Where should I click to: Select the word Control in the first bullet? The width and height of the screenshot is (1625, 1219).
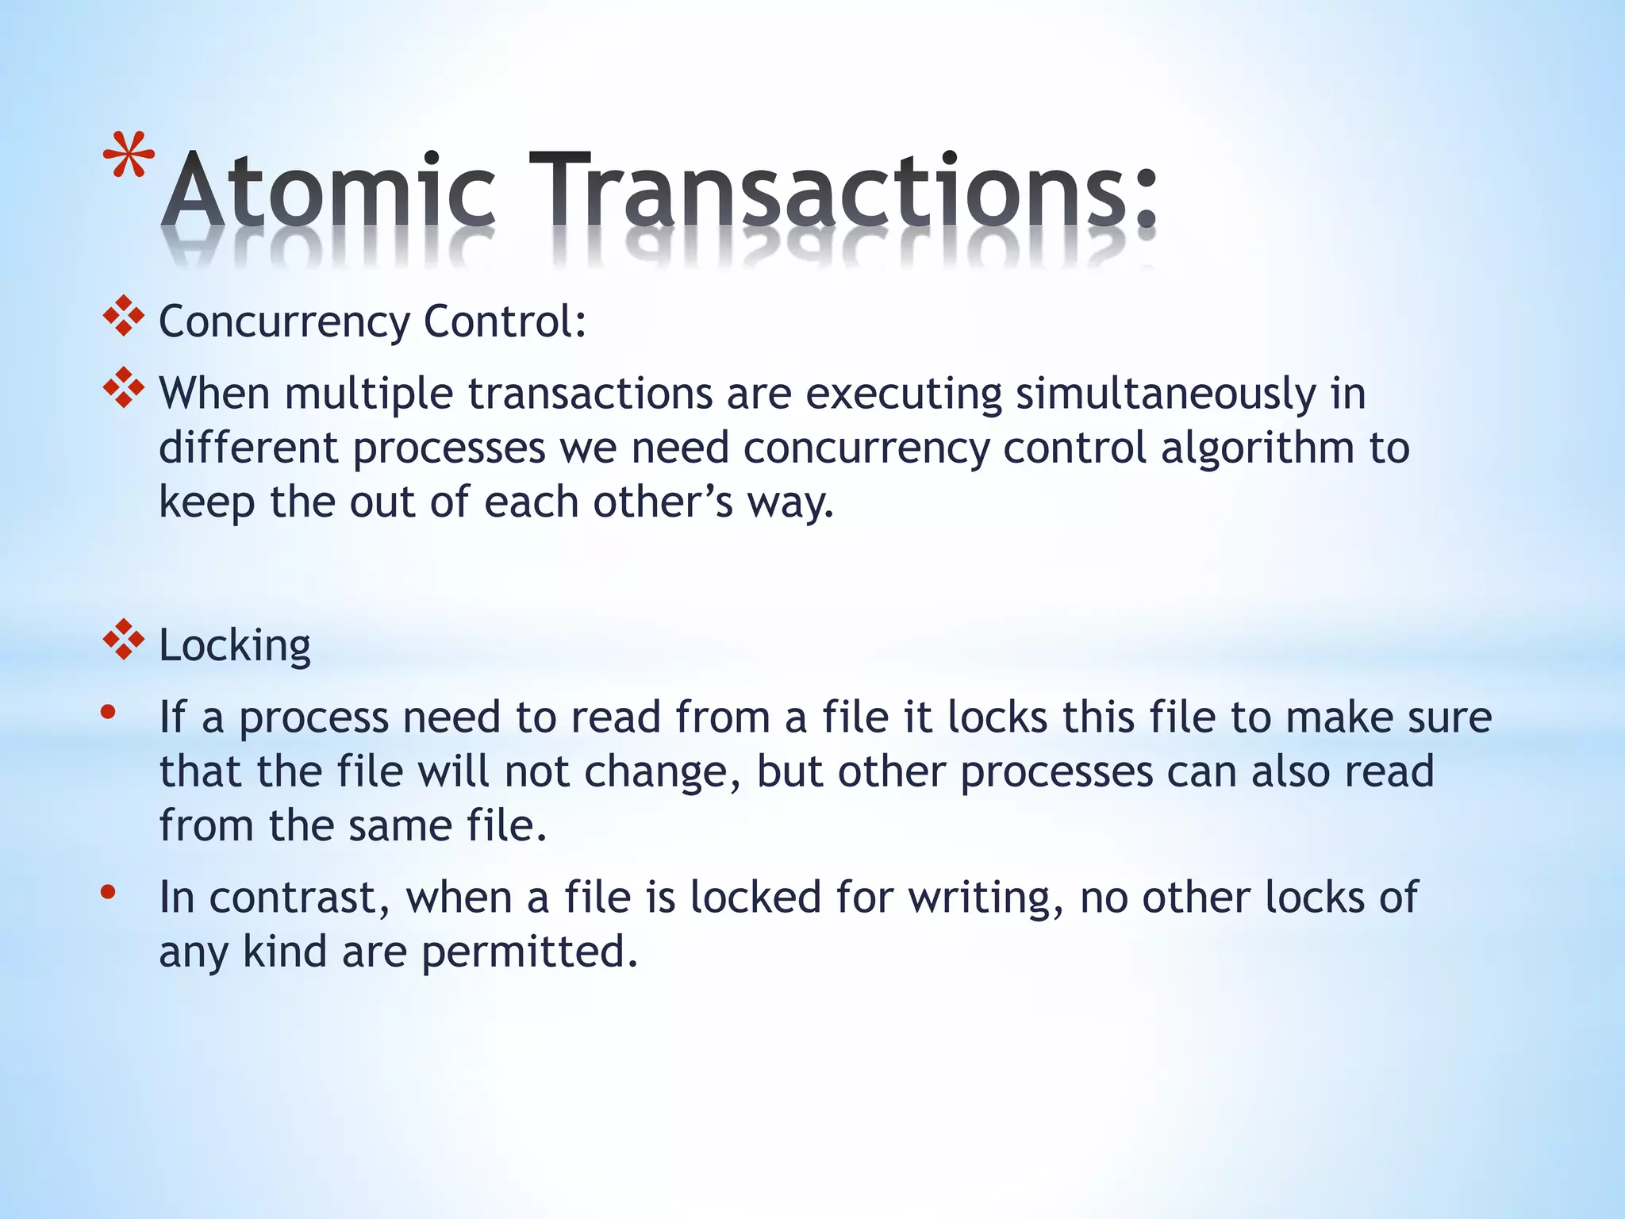click(x=505, y=321)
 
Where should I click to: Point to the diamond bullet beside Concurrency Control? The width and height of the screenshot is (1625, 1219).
click(x=124, y=317)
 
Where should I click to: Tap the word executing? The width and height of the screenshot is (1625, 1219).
click(x=904, y=394)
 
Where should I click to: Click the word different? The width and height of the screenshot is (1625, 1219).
click(x=248, y=448)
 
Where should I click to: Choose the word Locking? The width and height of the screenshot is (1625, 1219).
click(x=235, y=645)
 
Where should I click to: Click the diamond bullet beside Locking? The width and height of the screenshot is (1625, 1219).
click(x=124, y=640)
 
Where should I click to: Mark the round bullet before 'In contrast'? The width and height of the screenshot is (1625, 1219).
click(x=109, y=893)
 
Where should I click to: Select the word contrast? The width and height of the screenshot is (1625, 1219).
click(x=299, y=898)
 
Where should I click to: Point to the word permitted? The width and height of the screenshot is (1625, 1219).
click(x=529, y=952)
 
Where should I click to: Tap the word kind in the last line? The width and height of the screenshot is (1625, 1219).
click(x=285, y=952)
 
